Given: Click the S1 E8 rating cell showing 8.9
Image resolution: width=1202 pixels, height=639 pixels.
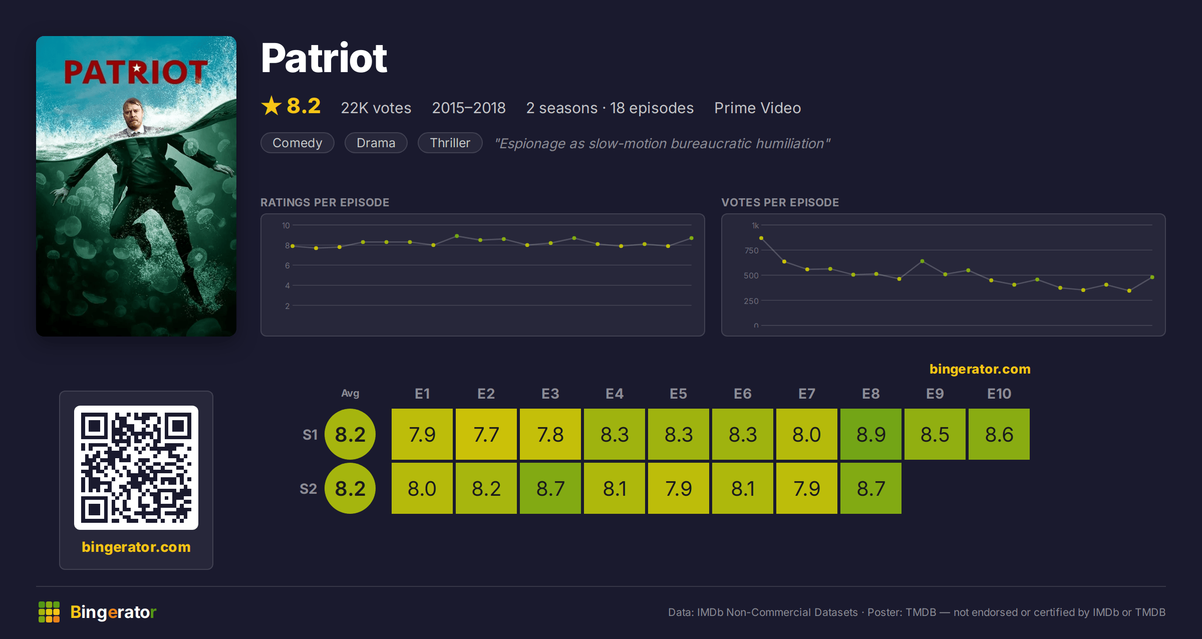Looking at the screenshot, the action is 871,434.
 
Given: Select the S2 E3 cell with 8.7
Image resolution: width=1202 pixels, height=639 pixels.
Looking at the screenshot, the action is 550,488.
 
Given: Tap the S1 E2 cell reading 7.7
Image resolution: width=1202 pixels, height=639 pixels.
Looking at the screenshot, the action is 486,434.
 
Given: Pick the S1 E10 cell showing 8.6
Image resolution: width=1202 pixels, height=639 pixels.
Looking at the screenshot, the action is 999,434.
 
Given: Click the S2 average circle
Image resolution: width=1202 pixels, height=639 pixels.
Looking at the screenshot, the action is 350,488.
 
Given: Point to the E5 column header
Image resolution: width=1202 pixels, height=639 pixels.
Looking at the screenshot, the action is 679,394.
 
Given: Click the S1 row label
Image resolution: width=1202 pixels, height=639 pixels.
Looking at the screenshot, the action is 310,435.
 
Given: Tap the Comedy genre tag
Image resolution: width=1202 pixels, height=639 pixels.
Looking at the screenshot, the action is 297,143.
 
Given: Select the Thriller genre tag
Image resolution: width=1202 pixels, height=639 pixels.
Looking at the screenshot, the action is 450,143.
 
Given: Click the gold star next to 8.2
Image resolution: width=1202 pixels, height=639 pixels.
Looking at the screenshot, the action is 271,106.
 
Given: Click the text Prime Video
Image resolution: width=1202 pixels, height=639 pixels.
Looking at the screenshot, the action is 758,108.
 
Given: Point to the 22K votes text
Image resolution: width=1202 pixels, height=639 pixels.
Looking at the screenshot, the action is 376,108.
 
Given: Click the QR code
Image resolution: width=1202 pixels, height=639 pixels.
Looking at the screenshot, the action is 136,468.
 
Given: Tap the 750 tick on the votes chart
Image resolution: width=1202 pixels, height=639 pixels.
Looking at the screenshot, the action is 751,250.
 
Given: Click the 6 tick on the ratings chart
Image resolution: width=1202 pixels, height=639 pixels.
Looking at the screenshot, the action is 287,265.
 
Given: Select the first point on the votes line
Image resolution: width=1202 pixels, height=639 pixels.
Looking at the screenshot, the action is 761,238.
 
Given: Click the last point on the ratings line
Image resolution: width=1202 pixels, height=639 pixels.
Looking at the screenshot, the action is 692,238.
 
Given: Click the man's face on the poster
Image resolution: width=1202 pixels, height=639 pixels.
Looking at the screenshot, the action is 134,114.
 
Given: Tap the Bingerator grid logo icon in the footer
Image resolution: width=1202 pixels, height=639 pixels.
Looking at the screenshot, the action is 49,612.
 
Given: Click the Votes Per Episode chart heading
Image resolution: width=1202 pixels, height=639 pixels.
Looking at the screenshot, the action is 780,202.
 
